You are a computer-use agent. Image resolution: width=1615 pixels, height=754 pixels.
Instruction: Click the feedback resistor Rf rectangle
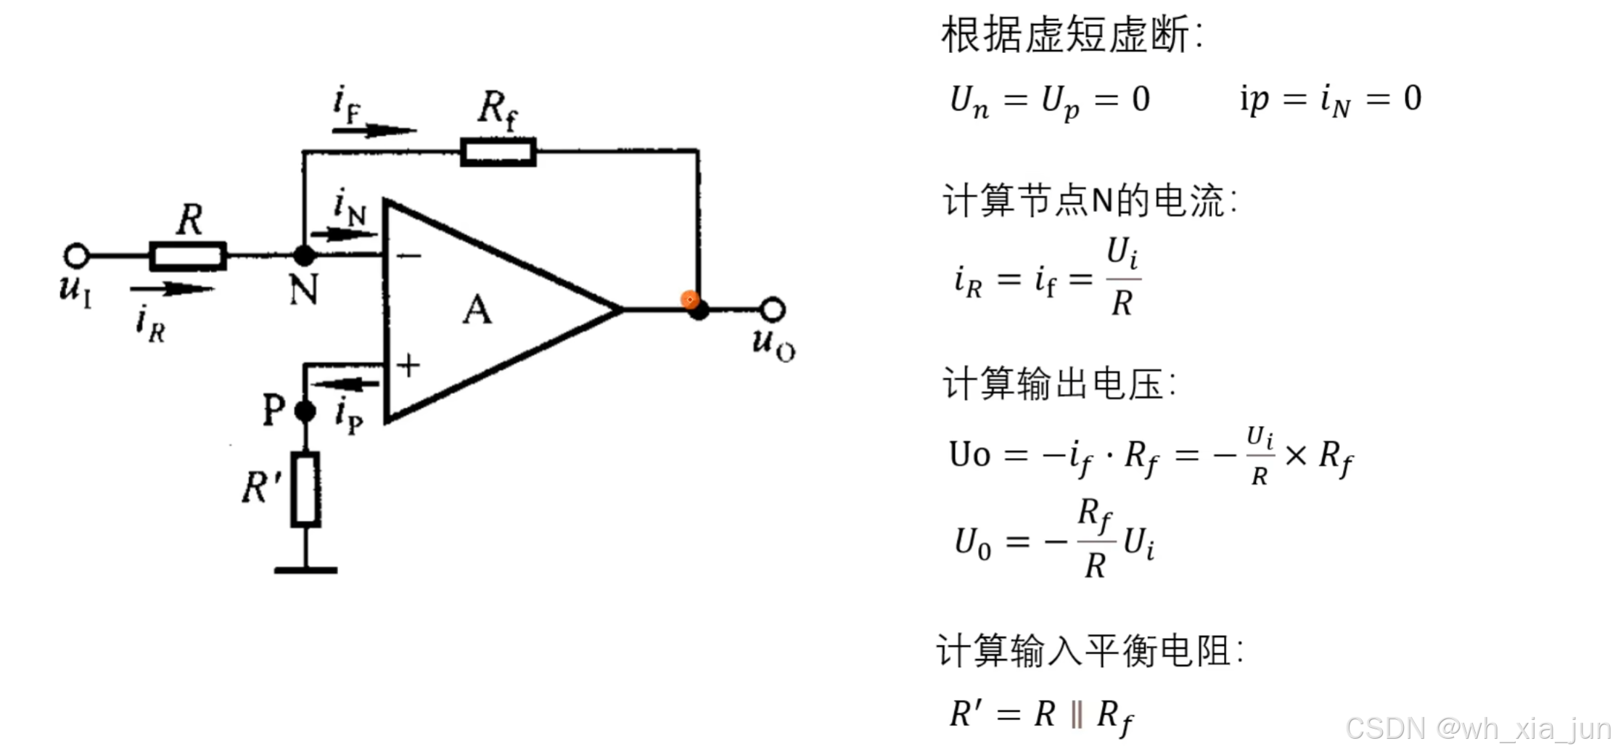(498, 152)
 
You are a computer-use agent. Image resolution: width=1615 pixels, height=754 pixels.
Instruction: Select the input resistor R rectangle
(188, 256)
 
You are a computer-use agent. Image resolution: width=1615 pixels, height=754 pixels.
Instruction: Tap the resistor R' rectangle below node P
(305, 489)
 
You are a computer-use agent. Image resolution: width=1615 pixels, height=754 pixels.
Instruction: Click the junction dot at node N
(304, 255)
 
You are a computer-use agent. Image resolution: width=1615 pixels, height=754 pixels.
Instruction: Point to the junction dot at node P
(305, 411)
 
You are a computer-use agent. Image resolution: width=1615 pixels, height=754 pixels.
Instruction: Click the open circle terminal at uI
(76, 255)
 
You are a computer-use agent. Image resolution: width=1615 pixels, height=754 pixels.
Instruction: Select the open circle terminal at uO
(773, 310)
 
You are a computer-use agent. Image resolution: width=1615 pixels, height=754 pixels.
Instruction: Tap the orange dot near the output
(689, 299)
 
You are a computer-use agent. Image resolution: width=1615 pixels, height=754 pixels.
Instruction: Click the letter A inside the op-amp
(477, 310)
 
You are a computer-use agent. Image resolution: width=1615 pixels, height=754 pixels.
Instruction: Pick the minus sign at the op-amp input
(408, 255)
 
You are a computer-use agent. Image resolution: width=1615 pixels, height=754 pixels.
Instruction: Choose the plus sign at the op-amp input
(408, 365)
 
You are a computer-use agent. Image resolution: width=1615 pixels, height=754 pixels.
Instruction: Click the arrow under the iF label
(374, 131)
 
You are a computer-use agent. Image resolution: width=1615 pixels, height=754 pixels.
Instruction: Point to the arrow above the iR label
(172, 289)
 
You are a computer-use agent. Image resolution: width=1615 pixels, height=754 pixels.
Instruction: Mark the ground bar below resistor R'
(305, 570)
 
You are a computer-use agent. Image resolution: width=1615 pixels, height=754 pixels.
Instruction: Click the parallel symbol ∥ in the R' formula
(1077, 715)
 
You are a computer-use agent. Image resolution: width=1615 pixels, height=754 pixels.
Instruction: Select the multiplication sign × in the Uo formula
(1295, 456)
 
